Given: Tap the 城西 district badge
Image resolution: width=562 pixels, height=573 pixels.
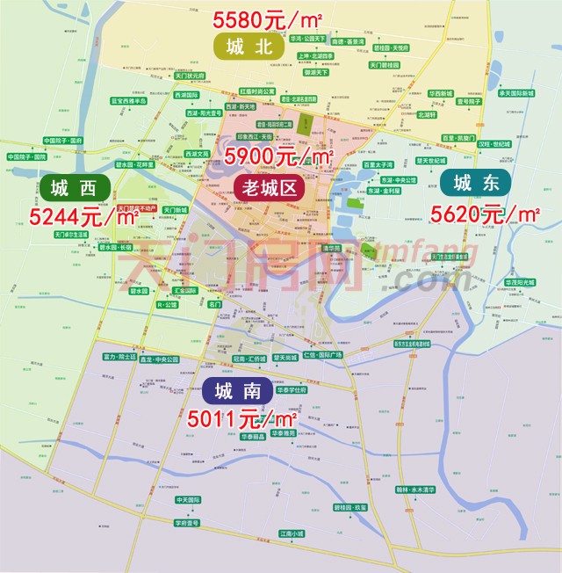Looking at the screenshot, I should (75, 186).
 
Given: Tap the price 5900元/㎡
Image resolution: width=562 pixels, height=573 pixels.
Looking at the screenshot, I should (280, 156).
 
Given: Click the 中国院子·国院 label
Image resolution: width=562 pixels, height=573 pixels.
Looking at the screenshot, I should (63, 141).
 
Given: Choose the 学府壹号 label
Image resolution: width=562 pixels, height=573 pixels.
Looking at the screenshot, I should (187, 522).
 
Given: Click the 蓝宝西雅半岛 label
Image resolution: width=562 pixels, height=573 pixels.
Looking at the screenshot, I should (128, 101).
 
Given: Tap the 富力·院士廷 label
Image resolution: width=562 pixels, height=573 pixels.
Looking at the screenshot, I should (119, 358).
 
